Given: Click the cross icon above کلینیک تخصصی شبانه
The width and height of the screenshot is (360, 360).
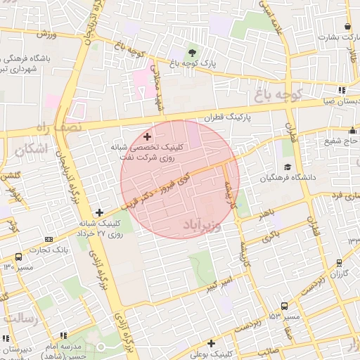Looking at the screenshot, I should click(146, 136).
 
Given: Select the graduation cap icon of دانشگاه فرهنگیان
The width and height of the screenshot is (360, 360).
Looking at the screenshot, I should click(287, 167).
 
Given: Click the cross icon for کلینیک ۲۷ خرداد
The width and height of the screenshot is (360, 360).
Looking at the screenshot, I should click(99, 212).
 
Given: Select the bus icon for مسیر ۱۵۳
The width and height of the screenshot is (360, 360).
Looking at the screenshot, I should click(284, 307).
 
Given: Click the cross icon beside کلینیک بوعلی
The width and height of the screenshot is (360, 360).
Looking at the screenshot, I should click(192, 343).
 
